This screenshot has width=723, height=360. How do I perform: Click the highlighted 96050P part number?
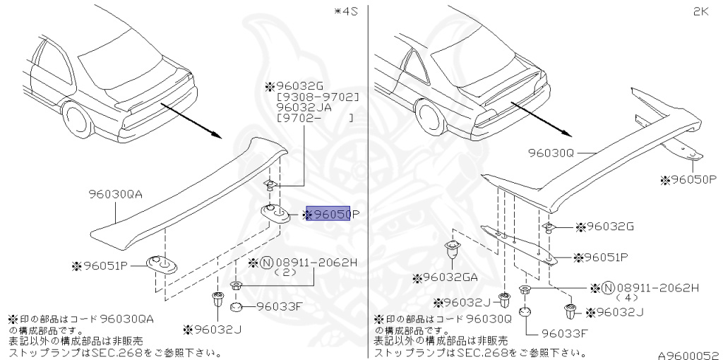click(333, 214)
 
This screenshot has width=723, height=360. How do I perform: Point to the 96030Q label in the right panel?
click(554, 151)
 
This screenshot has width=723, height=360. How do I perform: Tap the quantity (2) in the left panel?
click(285, 272)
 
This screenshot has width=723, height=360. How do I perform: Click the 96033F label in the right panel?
click(566, 332)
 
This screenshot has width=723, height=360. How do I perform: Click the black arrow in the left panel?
click(190, 119)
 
